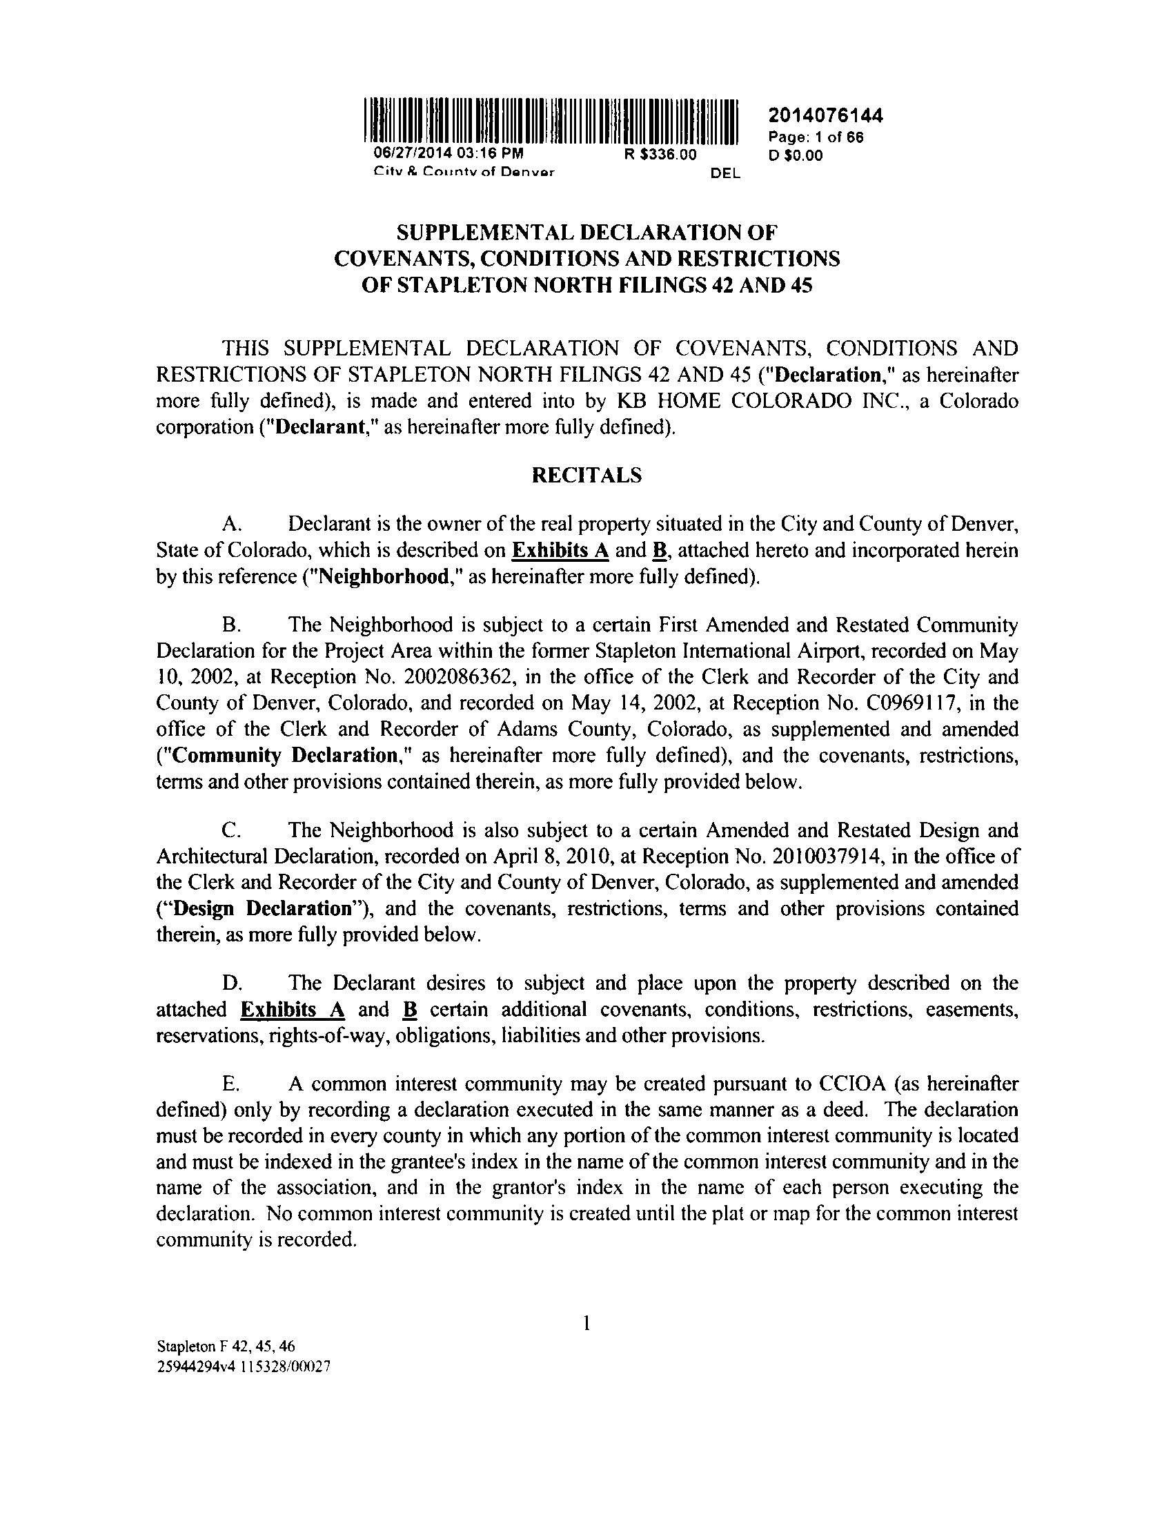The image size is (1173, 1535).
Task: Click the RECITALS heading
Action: click(586, 476)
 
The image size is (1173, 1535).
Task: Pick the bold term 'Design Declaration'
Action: click(263, 908)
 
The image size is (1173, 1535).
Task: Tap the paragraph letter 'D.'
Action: click(231, 984)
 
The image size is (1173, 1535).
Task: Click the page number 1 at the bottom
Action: click(587, 1322)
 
